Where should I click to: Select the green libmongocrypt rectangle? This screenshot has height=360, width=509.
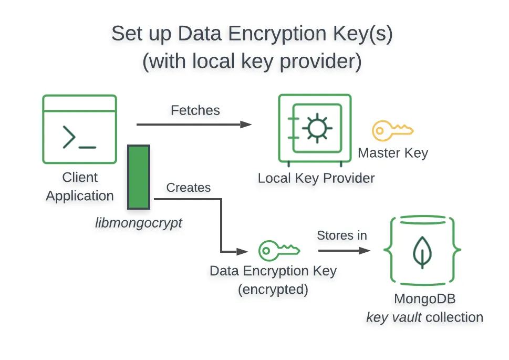pyautogui.click(x=139, y=177)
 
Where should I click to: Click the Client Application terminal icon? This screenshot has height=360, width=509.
pyautogui.click(x=79, y=129)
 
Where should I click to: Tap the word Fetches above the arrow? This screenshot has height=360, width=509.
pyautogui.click(x=195, y=110)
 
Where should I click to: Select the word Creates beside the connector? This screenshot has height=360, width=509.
pyautogui.click(x=188, y=188)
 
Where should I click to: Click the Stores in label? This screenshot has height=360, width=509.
pyautogui.click(x=342, y=235)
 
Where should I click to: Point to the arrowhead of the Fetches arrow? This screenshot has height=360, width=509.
pyautogui.click(x=246, y=125)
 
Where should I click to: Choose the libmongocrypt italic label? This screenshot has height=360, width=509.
pyautogui.click(x=139, y=223)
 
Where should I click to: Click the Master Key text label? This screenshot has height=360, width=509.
pyautogui.click(x=393, y=153)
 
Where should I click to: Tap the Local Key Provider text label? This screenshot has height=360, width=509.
pyautogui.click(x=316, y=178)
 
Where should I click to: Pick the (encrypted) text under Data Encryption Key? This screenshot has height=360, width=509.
pyautogui.click(x=273, y=290)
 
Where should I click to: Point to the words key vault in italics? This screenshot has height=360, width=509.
pyautogui.click(x=394, y=317)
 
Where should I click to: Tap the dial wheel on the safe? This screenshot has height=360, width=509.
pyautogui.click(x=317, y=128)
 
